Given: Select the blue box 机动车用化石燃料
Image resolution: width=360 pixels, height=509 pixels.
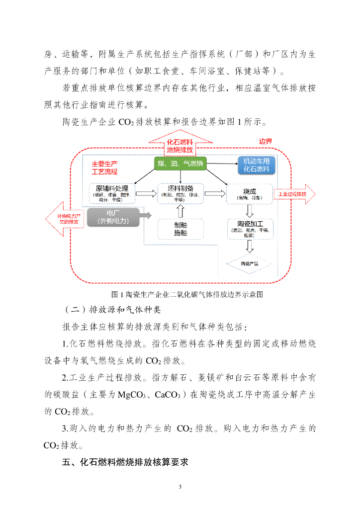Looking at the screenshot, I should click(256, 165).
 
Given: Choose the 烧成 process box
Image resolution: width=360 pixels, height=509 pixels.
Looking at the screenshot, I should click(249, 193).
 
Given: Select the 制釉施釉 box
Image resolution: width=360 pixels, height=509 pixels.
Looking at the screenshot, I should click(180, 229).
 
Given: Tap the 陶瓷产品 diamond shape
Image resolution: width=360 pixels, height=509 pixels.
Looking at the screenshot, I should click(249, 263).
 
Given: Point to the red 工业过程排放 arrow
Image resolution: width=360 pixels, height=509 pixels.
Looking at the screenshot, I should click(294, 194).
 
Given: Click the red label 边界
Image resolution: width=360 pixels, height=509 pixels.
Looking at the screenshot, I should click(266, 141).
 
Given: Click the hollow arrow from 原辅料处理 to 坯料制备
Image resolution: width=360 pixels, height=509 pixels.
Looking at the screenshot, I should click(146, 194).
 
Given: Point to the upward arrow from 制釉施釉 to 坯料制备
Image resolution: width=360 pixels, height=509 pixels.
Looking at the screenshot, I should click(180, 212).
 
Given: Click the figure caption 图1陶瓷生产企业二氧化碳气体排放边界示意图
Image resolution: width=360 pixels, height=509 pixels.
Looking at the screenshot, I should click(180, 294).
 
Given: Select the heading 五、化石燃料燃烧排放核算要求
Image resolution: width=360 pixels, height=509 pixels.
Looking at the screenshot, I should click(125, 462).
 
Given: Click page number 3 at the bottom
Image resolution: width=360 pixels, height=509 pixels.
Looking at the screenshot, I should click(180, 486).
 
